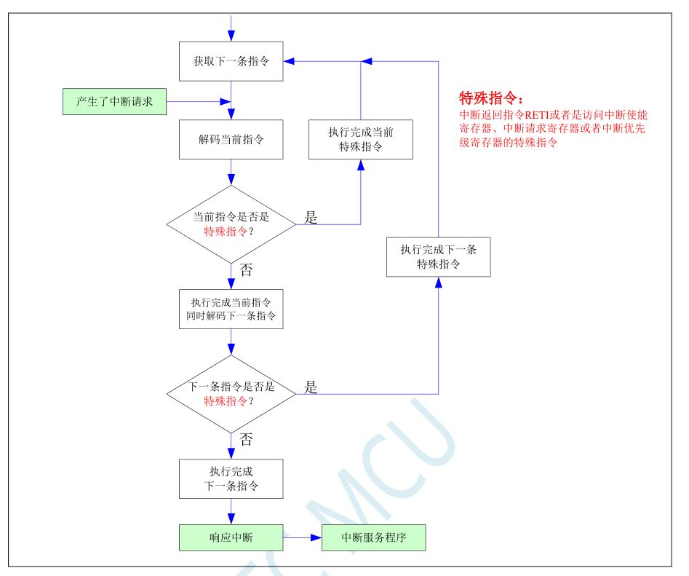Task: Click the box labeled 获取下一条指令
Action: point(231,60)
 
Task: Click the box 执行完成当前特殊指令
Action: point(360,139)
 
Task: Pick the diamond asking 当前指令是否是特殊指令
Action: point(231,224)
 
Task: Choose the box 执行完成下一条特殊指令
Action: point(438,256)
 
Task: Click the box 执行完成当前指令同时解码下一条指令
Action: point(231,309)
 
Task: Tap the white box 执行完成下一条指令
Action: point(231,478)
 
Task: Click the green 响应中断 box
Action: point(231,539)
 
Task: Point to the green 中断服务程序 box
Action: point(373,539)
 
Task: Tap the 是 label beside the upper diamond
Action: point(310,218)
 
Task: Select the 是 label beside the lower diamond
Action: point(311,387)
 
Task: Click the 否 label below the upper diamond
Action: point(247,270)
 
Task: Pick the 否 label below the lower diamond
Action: point(247,439)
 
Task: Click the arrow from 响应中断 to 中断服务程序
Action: point(302,539)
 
